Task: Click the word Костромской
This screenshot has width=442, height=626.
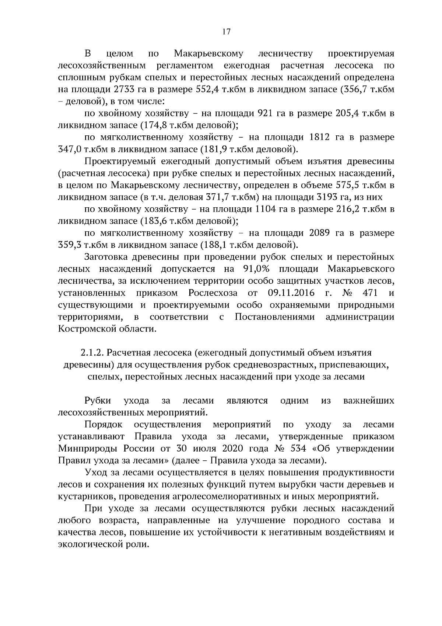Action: (x=86, y=329)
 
